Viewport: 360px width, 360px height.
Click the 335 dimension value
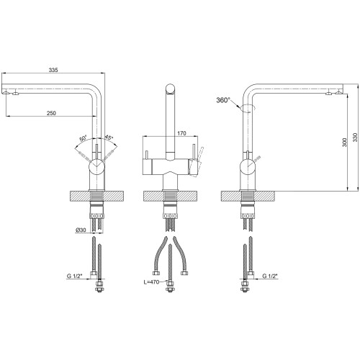(53, 70)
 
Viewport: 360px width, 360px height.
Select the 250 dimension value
(51, 113)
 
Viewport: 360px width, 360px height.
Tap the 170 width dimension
(181, 133)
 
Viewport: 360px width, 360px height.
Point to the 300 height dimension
(345, 143)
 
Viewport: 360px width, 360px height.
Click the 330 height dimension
(355, 138)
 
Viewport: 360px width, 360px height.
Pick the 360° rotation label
(223, 100)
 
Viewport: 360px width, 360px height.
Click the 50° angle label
(83, 139)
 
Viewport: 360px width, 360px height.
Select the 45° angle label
(109, 138)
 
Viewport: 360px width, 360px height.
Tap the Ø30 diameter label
(81, 230)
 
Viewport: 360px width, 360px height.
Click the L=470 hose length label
(151, 282)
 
